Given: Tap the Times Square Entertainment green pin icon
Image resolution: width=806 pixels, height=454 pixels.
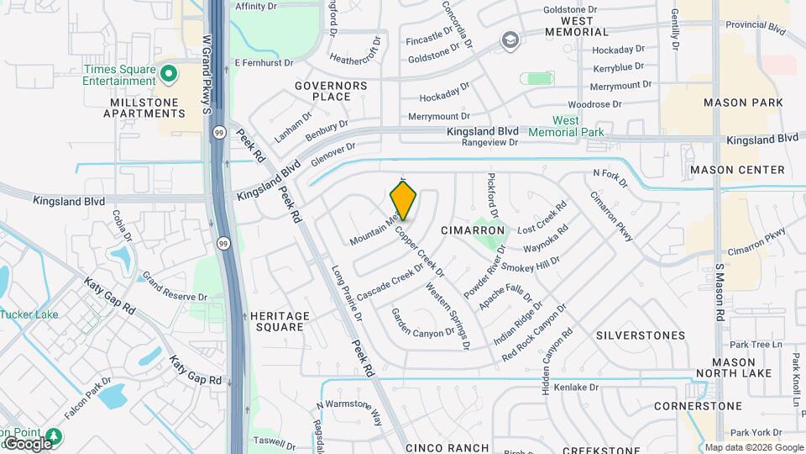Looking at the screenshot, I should [x=168, y=73].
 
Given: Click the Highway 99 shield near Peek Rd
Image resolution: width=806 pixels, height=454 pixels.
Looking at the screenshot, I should [x=218, y=132].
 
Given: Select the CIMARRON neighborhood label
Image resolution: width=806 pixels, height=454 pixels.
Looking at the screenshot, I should [x=473, y=230].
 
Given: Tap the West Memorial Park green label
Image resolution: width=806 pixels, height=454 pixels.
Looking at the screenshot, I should [x=566, y=127].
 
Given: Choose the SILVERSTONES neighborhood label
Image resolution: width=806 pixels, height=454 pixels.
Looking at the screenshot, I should [x=641, y=335].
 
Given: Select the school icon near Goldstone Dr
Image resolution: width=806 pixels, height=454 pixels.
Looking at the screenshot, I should [x=510, y=40].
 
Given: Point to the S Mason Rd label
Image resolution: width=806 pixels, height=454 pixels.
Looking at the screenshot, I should [x=720, y=293].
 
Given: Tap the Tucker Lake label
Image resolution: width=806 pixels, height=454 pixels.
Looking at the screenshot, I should [x=29, y=314].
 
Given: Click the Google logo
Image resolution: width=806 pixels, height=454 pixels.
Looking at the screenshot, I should [x=27, y=443].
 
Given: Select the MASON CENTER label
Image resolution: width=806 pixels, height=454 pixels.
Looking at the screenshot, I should [x=737, y=170].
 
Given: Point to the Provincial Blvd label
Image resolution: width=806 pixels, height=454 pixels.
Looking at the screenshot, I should [x=753, y=28].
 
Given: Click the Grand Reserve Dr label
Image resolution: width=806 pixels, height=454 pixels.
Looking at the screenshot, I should [x=174, y=287].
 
